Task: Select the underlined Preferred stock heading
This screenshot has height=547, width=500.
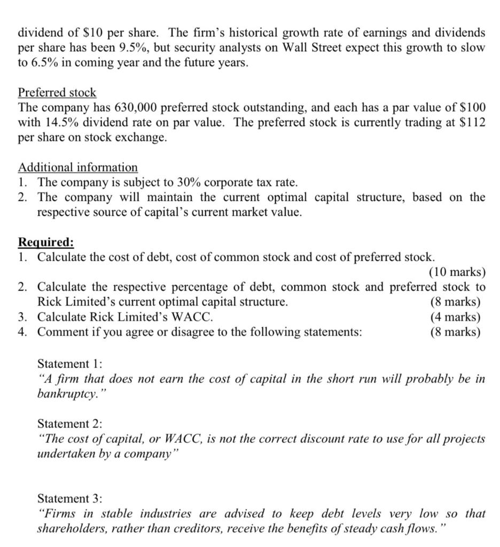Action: pos(57,92)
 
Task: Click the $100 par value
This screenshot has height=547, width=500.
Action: pos(469,107)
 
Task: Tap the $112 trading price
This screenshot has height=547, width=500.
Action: pos(472,122)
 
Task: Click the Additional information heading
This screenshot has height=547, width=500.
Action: pos(78,167)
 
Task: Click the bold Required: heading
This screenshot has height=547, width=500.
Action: pos(46,242)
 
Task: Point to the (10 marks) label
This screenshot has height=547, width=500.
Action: pos(457,272)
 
